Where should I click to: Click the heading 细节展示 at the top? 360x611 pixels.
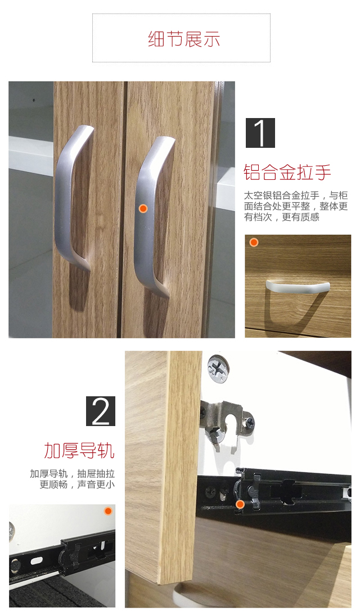(181, 39)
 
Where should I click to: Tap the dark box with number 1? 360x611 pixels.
(260, 133)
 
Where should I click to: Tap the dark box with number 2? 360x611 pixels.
(101, 411)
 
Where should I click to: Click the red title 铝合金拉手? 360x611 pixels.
(287, 172)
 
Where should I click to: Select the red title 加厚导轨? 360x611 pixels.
(79, 450)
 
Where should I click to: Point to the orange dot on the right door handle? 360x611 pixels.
(143, 209)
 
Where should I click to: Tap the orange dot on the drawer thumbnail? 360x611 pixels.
(254, 243)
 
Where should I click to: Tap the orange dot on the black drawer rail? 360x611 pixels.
(240, 504)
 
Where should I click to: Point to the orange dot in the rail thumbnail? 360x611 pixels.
(108, 511)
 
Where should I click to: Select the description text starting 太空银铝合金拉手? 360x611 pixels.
(296, 206)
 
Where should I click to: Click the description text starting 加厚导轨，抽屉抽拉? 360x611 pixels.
(73, 479)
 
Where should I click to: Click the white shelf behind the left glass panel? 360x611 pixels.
(30, 155)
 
